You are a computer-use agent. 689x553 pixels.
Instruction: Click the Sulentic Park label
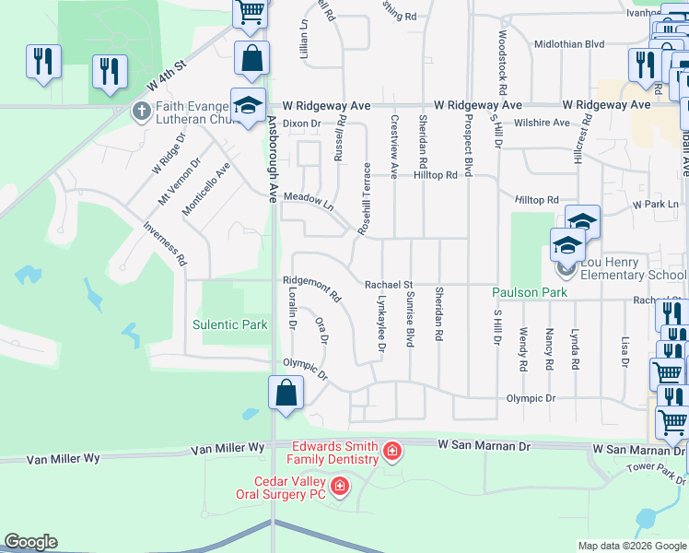(x=230, y=324)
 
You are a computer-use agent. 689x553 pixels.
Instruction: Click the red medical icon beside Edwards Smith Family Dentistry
(x=392, y=451)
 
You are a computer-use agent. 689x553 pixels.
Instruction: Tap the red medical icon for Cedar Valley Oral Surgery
(x=340, y=485)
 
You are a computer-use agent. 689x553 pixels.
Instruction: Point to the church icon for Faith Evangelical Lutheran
(x=140, y=112)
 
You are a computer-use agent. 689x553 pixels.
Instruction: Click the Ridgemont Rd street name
(x=312, y=291)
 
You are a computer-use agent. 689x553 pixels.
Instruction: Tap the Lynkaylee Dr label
(x=380, y=324)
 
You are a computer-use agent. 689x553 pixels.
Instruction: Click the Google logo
(x=30, y=542)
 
